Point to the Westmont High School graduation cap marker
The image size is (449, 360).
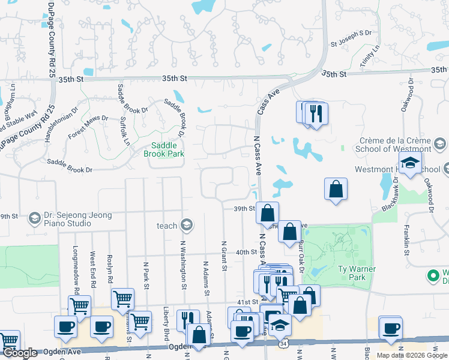tap(410, 163)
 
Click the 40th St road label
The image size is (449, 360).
tap(246, 253)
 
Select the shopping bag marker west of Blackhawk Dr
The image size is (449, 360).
tap(336, 188)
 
